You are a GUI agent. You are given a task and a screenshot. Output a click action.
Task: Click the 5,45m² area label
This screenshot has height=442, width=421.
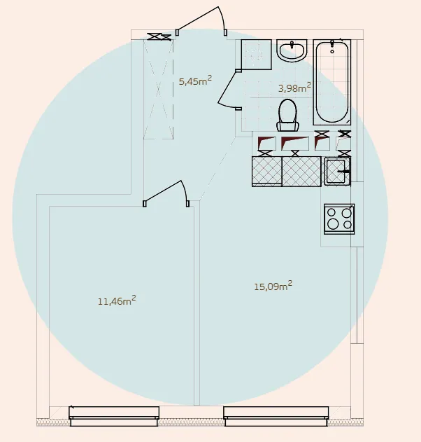(195, 81)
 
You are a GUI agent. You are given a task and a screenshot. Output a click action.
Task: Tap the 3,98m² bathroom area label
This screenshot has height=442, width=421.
(294, 88)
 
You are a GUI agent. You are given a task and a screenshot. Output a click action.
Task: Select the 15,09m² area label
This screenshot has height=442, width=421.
(273, 286)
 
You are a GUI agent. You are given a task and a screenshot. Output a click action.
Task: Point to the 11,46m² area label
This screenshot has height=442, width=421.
(117, 301)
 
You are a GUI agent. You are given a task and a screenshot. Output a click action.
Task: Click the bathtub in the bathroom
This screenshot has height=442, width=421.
(332, 82)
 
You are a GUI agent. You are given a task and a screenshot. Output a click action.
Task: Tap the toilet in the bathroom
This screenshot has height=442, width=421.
(287, 115)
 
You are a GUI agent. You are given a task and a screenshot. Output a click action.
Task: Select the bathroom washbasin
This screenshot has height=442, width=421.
(292, 50)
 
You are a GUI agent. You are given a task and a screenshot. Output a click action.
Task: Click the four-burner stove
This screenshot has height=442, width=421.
(339, 219)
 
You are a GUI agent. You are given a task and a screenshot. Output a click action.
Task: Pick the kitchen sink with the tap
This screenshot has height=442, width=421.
(337, 172)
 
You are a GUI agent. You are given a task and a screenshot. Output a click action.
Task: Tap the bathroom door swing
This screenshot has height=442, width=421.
(228, 90)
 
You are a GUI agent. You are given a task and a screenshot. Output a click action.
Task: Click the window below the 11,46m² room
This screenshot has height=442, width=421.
(114, 416)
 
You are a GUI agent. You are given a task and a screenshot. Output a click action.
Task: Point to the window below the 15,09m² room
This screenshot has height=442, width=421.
(276, 416)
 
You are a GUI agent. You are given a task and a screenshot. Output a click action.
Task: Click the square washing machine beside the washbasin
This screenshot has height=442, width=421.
(257, 55)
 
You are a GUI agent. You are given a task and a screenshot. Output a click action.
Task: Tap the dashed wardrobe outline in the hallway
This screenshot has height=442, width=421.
(158, 89)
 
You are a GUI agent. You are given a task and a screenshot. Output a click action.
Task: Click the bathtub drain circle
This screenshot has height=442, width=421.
(332, 52)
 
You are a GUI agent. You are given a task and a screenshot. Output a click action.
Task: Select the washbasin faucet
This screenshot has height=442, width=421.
(292, 45)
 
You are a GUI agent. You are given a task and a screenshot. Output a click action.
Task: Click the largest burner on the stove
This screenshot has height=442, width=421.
(333, 224)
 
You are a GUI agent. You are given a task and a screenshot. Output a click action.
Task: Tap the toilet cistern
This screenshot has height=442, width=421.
(287, 126)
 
